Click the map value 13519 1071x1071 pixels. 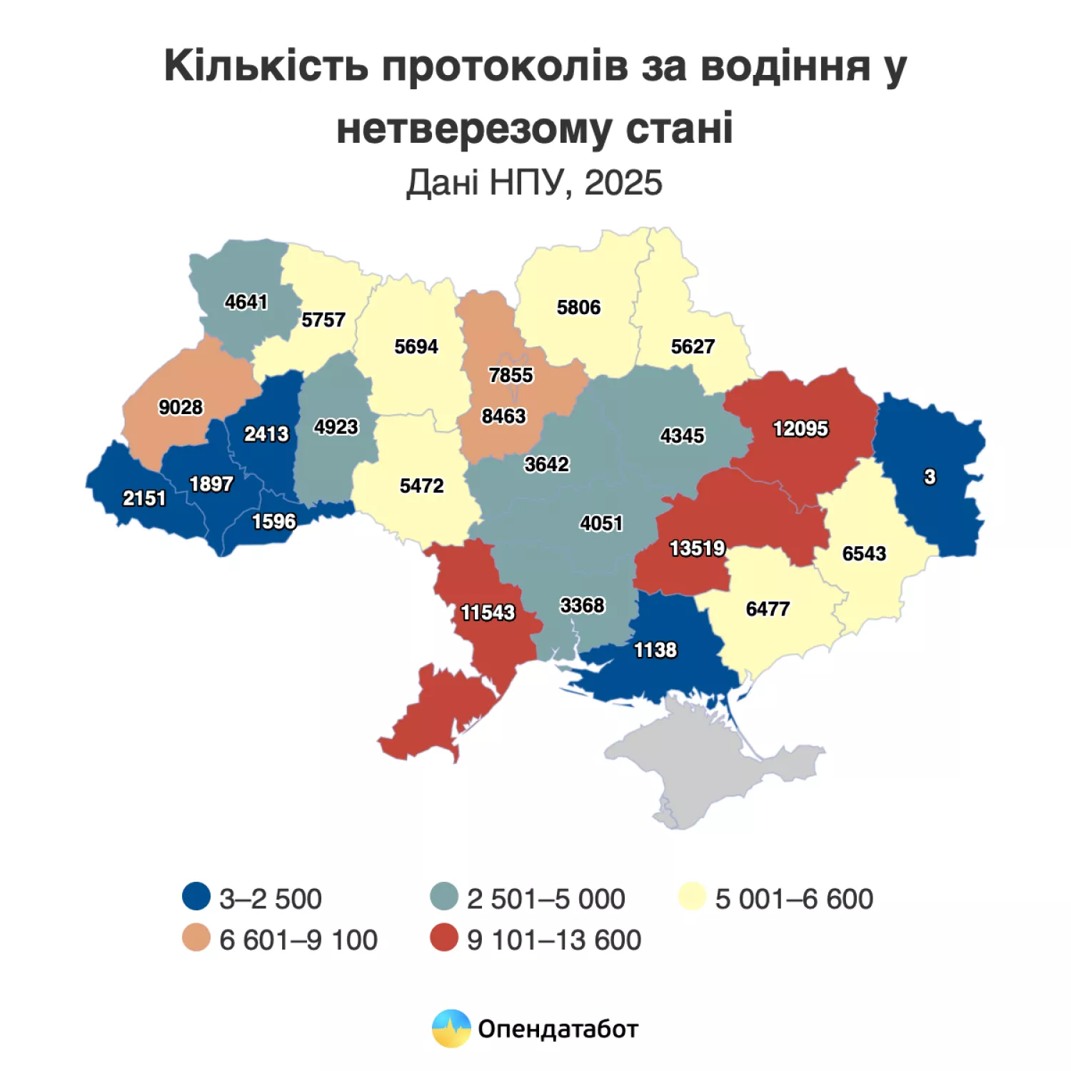pos(697,548)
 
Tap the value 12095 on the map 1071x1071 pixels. pos(800,428)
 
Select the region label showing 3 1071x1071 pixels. pos(929,477)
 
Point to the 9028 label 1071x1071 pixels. pos(181,407)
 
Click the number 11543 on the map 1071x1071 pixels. pos(488,613)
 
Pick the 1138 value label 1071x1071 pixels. pos(655,650)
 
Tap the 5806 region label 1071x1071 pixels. pos(578,308)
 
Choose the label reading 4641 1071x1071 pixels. pos(246,302)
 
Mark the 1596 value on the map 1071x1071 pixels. pos(273,522)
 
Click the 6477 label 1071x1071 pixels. pos(768,609)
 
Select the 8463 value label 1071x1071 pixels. pos(503,416)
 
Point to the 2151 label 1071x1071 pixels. pos(144,498)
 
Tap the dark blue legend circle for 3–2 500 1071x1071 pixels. pos(196,897)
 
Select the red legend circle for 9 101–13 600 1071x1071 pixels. pos(444,938)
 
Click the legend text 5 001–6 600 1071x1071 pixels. pos(794,899)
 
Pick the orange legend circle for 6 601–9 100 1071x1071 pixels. pos(196,938)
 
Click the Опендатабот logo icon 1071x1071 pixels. pos(451,1029)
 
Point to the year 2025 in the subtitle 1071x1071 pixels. pos(623,183)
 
